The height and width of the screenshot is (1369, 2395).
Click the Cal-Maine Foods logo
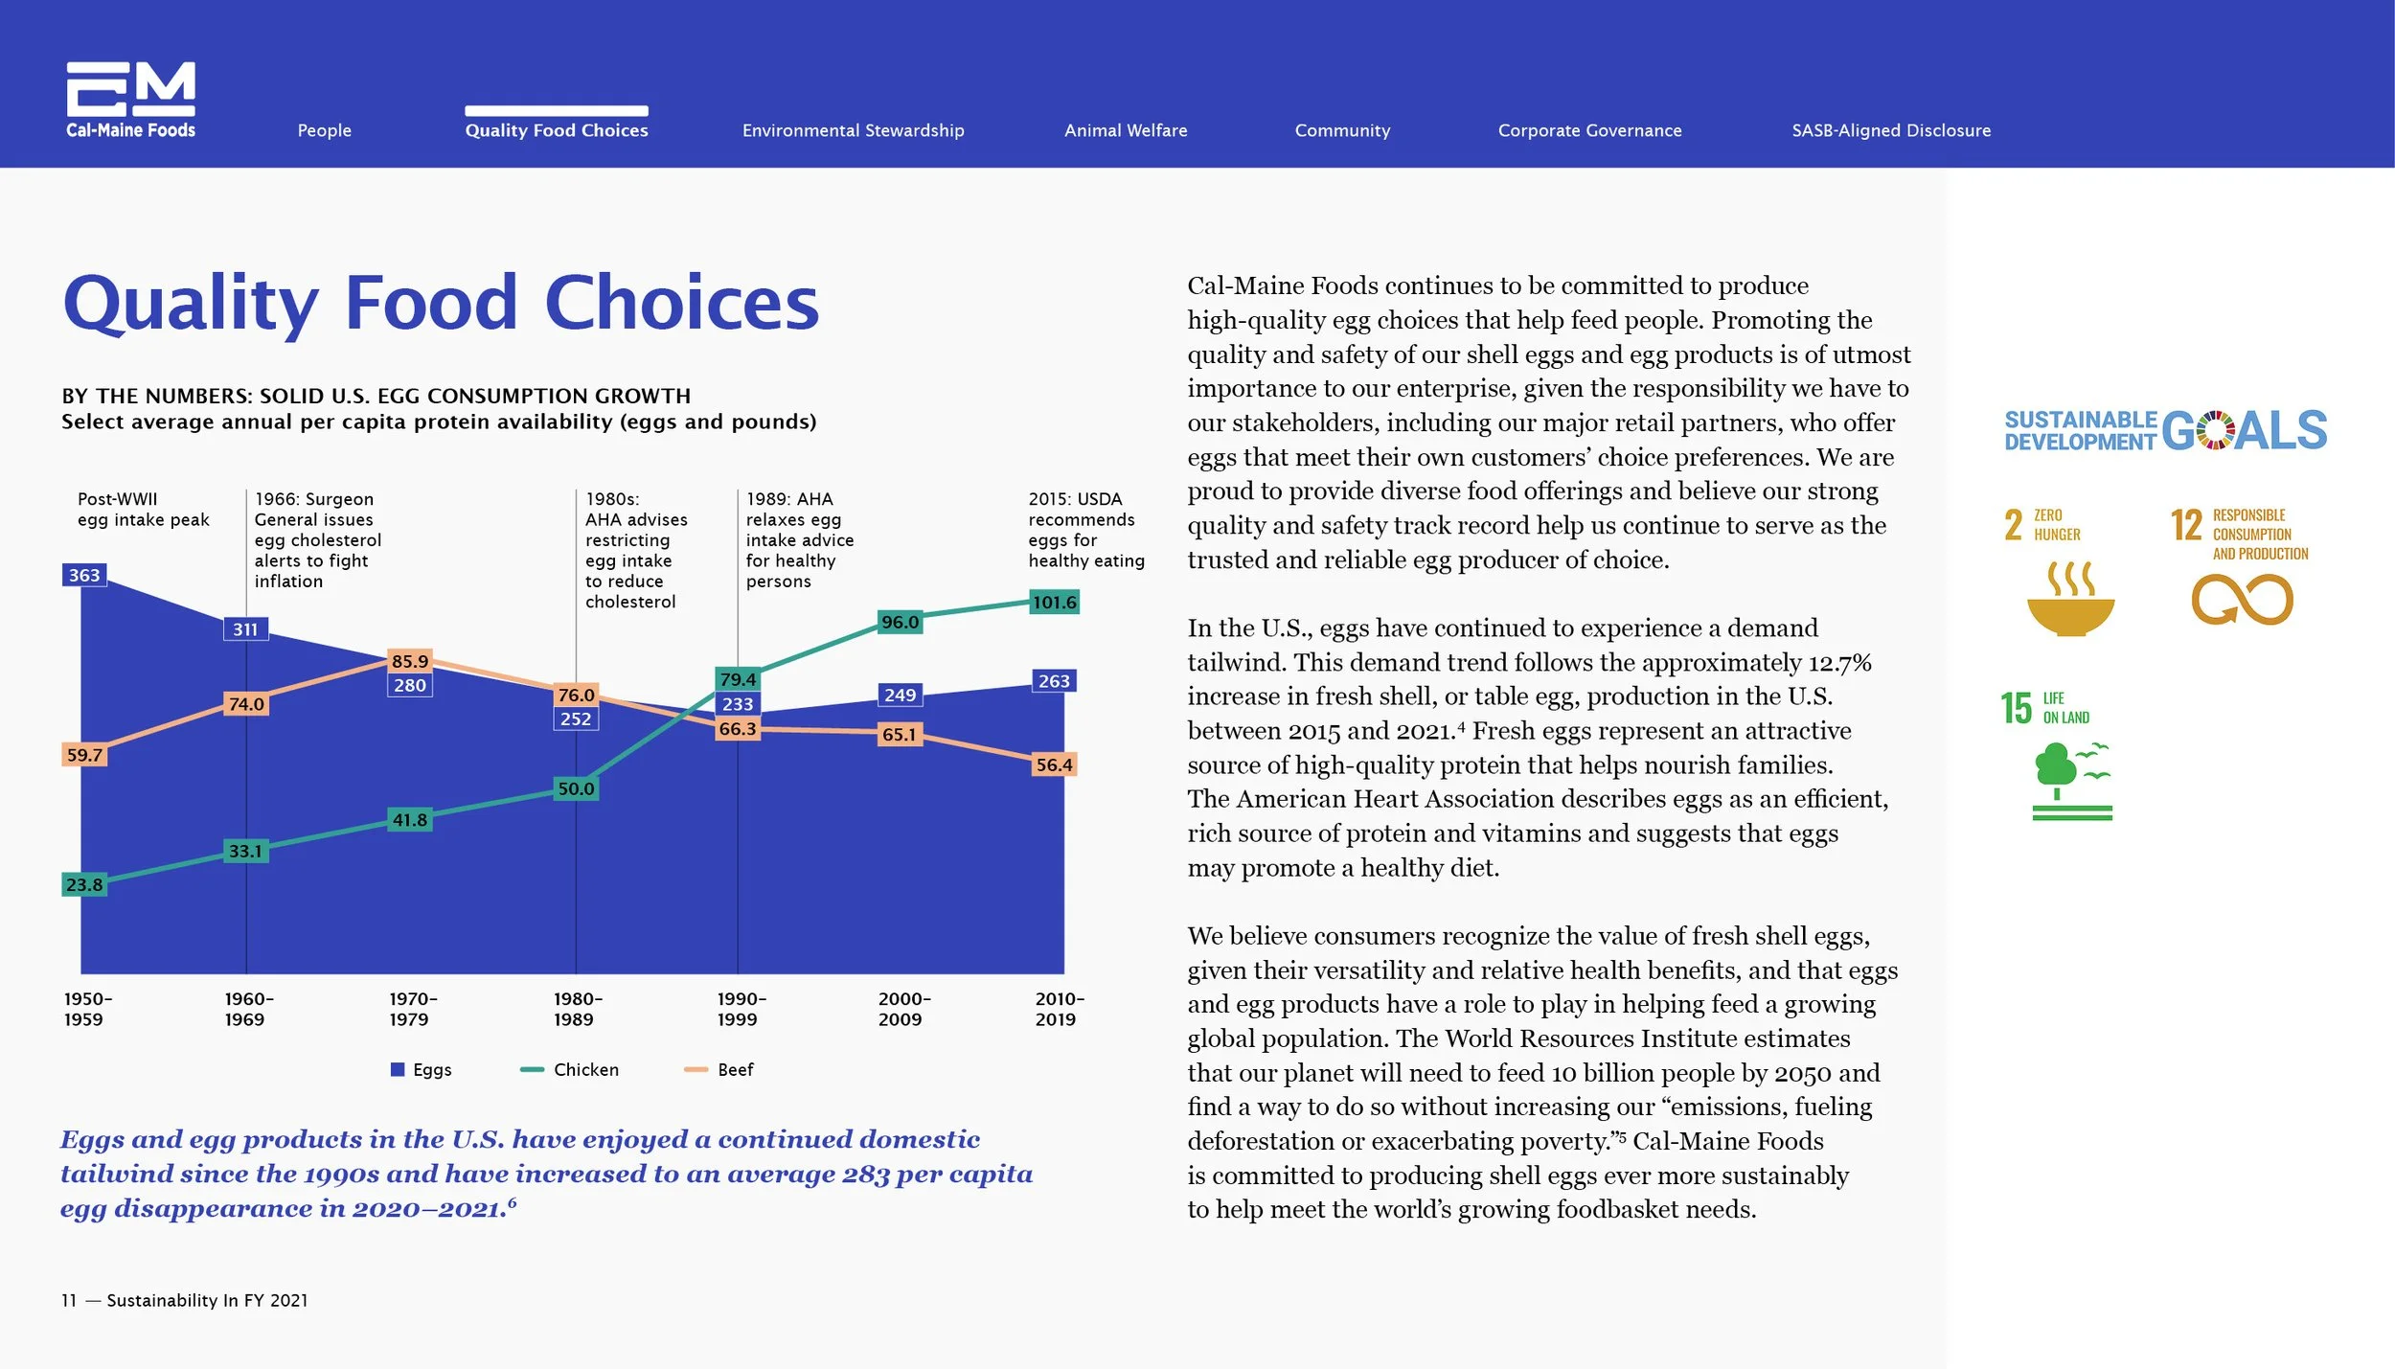tap(130, 100)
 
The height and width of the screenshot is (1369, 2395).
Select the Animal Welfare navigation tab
tap(1126, 130)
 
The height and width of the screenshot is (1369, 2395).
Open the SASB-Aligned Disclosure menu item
tap(1891, 130)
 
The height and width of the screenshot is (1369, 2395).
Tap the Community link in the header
tap(1342, 130)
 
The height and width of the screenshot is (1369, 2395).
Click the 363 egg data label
tap(84, 575)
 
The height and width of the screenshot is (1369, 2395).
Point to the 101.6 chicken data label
tap(1054, 603)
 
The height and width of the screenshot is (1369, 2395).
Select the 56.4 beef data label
tap(1054, 764)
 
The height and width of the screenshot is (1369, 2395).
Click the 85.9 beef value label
tap(410, 661)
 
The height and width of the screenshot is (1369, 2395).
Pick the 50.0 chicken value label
tap(576, 788)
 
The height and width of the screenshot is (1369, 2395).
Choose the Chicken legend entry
tap(571, 1069)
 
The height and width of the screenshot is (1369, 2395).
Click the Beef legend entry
tap(720, 1069)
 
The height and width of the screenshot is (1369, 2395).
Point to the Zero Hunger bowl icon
tap(2070, 602)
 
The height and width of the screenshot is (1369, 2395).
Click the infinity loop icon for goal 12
tap(2242, 600)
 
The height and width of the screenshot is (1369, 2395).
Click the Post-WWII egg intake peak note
tap(143, 510)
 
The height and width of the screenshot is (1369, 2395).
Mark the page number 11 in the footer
tap(68, 1300)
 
